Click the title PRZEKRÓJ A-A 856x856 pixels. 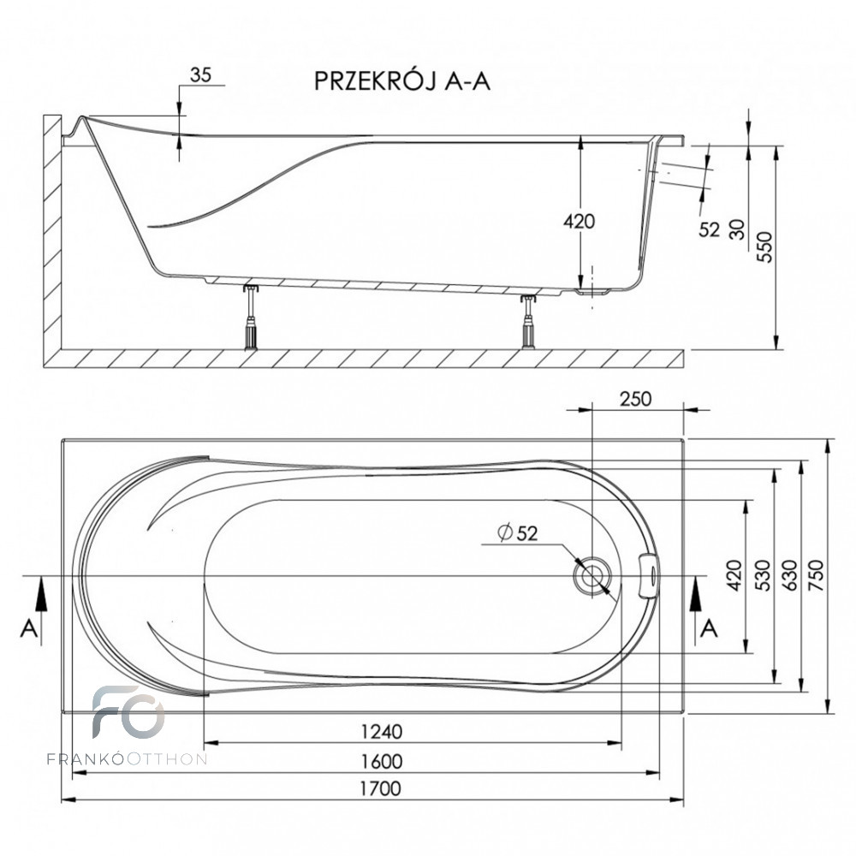click(x=401, y=80)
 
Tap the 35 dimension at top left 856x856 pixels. click(x=200, y=74)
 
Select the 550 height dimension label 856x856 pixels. click(x=766, y=247)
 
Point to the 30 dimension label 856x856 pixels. click(x=737, y=229)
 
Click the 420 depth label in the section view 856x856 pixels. click(x=580, y=221)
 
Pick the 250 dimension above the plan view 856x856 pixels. click(x=636, y=399)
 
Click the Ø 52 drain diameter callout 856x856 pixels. click(x=518, y=532)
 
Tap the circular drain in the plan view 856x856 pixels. click(x=591, y=576)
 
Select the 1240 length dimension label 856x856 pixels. click(x=382, y=731)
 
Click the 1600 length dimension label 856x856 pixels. click(x=382, y=761)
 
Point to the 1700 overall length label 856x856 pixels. click(x=381, y=788)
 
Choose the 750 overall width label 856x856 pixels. click(x=817, y=575)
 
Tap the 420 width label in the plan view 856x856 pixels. click(x=734, y=575)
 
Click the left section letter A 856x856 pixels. click(x=29, y=629)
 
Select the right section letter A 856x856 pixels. click(x=709, y=629)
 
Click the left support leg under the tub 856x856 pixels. click(x=251, y=318)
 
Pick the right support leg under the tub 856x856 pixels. click(x=528, y=322)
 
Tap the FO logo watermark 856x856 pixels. click(x=128, y=712)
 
